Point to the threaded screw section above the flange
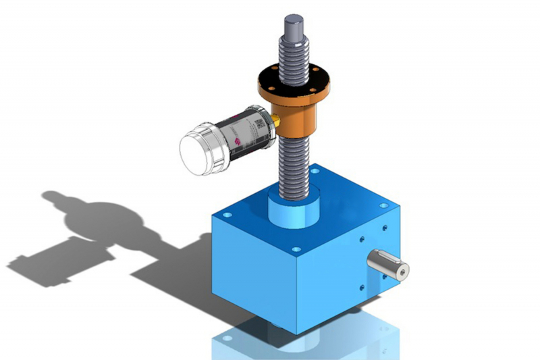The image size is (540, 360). coord(292,54)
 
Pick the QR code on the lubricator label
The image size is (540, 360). coord(259,124)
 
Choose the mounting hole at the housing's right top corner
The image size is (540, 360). coord(383,205)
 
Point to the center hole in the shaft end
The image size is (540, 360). coord(402,271)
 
